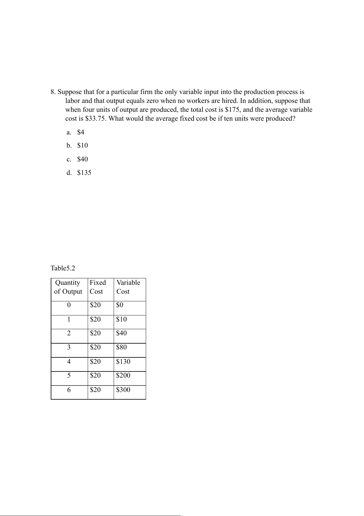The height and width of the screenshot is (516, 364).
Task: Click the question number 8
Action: click(53, 92)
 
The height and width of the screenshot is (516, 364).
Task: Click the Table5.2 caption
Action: click(63, 269)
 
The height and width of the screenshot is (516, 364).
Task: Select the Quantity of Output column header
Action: click(68, 287)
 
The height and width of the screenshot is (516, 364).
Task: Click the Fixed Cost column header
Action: click(97, 287)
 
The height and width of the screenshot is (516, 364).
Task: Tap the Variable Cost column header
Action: click(128, 287)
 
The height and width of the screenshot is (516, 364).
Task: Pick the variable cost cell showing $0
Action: click(120, 305)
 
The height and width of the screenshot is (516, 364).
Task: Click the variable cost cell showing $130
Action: click(123, 362)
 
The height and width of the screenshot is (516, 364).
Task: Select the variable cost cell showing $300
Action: click(123, 390)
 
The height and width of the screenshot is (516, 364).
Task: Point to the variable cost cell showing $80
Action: click(121, 347)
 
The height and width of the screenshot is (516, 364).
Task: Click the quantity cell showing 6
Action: click(69, 390)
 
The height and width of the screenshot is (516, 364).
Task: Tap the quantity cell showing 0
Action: click(69, 305)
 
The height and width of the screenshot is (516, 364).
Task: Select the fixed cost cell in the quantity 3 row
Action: click(95, 347)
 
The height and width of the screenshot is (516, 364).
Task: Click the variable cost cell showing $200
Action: click(123, 375)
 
